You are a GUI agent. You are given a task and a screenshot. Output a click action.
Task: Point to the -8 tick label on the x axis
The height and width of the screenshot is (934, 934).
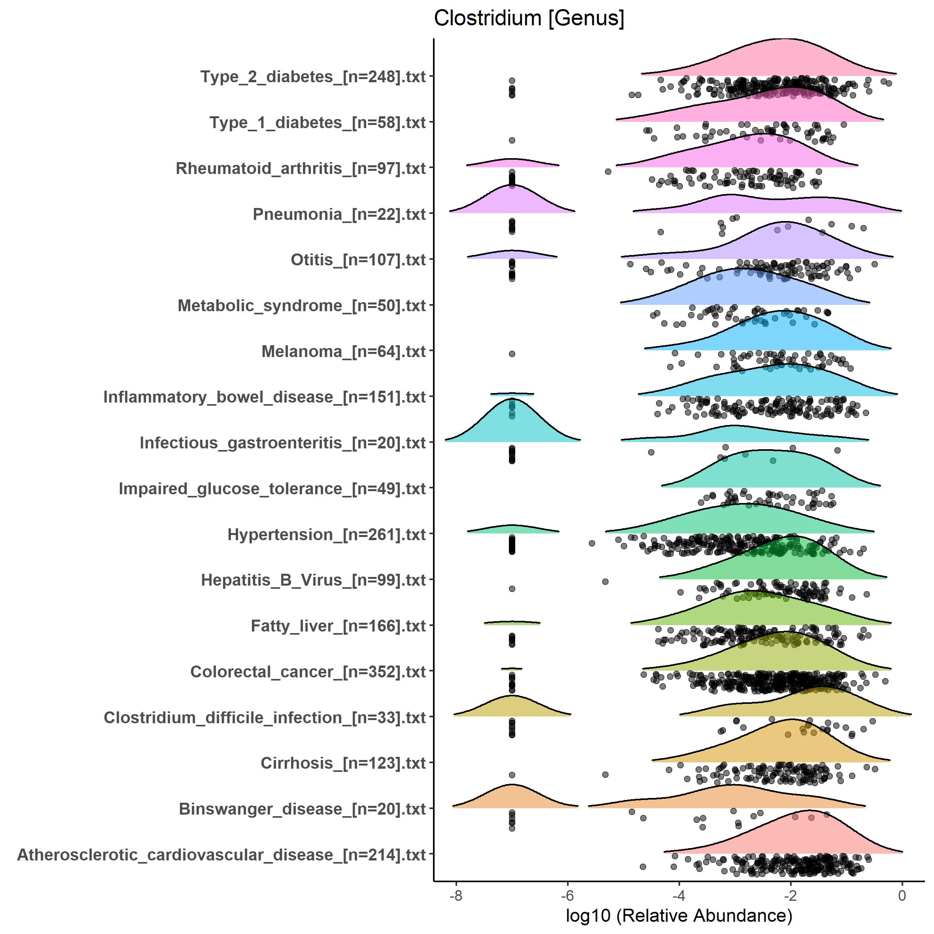(456, 896)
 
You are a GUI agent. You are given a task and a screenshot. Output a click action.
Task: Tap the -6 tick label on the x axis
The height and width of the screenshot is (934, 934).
(567, 896)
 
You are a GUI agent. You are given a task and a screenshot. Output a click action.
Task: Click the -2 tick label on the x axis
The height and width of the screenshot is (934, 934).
(790, 896)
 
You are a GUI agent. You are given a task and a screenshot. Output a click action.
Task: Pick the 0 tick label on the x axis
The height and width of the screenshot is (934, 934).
(902, 896)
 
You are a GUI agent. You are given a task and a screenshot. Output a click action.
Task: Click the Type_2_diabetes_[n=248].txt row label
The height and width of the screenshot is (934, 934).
(313, 77)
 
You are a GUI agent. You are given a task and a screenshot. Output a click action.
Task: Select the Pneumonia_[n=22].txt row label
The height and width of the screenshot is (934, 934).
(339, 214)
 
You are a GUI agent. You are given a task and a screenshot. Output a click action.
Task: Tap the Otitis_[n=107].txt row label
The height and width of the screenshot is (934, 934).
(358, 260)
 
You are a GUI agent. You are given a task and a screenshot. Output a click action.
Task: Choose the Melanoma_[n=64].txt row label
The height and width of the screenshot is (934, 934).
(343, 352)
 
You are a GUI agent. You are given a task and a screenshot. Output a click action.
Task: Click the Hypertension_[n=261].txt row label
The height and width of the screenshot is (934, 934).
(326, 535)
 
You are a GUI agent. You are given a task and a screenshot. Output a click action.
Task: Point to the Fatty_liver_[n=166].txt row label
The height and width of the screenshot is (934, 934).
(338, 626)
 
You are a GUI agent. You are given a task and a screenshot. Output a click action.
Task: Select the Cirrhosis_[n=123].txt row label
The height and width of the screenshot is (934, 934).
(343, 763)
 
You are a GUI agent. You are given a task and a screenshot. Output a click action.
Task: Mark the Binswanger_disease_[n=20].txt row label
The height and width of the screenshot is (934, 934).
(302, 809)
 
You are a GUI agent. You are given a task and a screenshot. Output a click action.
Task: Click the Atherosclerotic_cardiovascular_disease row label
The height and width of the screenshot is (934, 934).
(221, 855)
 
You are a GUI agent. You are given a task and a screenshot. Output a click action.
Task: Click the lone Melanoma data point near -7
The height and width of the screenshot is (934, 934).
(512, 354)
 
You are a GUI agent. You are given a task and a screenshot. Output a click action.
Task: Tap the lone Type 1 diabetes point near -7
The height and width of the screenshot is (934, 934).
(512, 140)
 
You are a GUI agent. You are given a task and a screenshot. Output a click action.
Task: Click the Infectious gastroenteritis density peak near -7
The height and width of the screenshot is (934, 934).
(512, 399)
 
